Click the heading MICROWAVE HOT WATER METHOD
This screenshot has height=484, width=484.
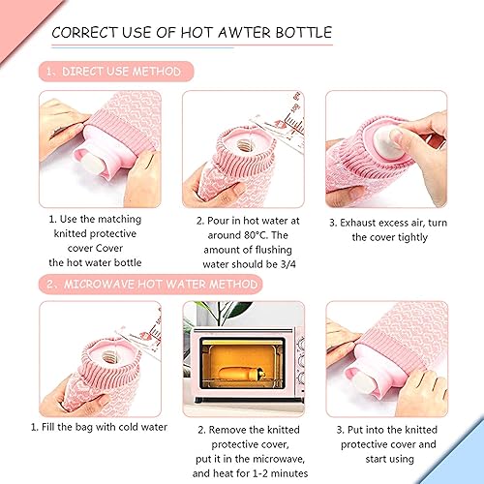pos(160,284)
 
